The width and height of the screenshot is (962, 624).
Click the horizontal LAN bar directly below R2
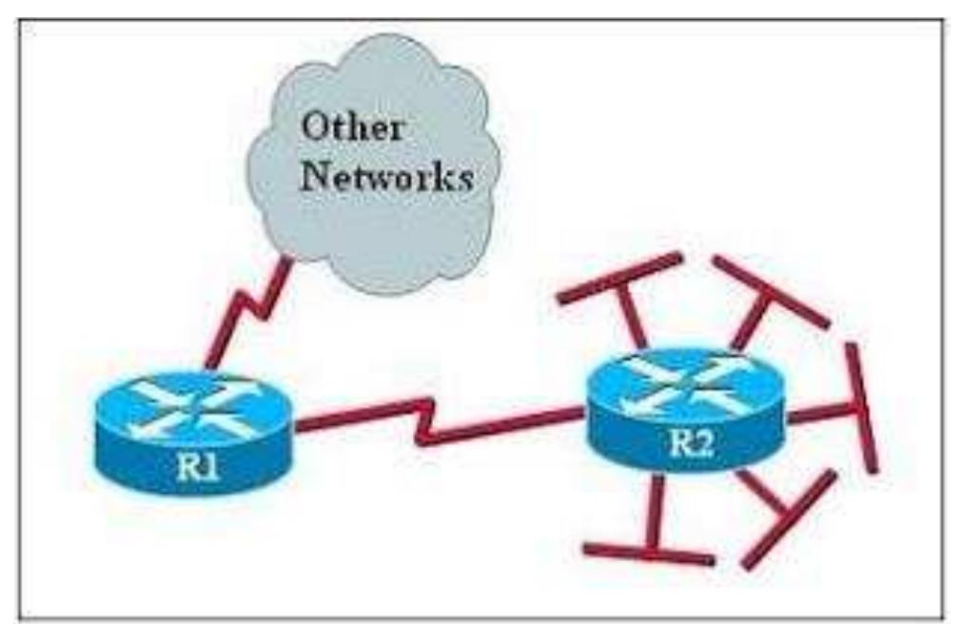click(648, 554)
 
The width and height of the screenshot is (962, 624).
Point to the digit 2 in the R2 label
click(704, 443)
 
